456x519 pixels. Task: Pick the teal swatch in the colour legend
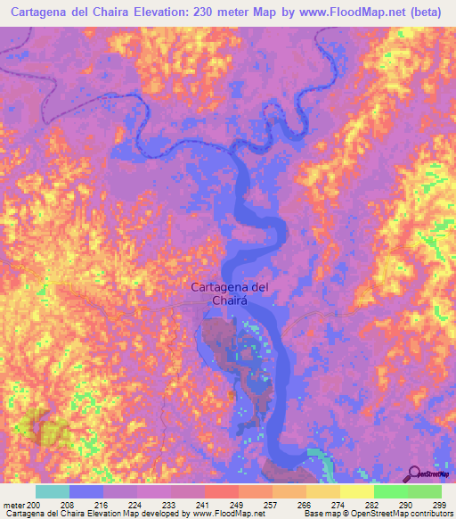52,491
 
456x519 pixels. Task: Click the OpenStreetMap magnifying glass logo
417,473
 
